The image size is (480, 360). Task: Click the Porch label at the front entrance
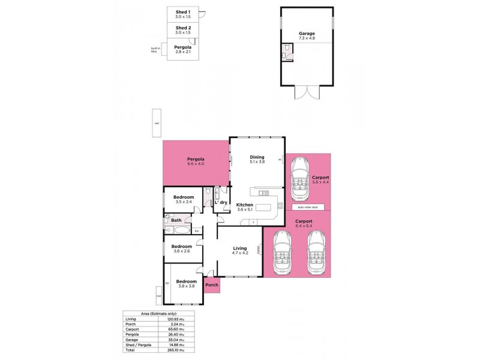point(212,284)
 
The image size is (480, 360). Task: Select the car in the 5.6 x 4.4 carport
point(299,179)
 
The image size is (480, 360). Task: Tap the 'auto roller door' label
point(308,207)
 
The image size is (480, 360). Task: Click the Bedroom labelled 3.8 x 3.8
point(187,284)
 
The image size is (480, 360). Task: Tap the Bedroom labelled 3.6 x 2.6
point(182,248)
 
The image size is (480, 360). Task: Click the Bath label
point(176,220)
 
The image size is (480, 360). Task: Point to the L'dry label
point(221,202)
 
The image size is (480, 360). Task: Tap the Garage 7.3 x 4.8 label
point(307,35)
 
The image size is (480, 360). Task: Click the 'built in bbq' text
point(154,50)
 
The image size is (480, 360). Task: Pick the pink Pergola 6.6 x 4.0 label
point(196,161)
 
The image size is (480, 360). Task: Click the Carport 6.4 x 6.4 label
point(304,223)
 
